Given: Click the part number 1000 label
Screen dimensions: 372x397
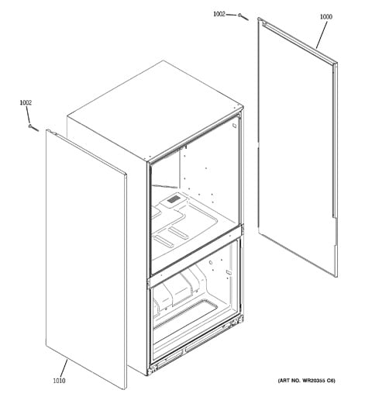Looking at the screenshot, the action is point(326,17).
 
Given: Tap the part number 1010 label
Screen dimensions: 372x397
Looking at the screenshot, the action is point(59,381).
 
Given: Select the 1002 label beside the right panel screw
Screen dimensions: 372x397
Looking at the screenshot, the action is point(219,14).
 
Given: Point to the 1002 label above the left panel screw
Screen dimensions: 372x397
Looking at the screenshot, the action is point(26,102).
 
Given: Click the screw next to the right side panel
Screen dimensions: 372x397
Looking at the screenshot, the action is point(243,17).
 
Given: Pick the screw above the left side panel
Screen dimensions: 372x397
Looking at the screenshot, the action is point(33,128).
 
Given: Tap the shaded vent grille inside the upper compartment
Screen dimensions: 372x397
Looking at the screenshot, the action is point(173,199).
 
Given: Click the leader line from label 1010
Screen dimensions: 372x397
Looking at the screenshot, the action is point(64,368).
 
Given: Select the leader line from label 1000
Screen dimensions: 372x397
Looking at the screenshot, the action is point(322,35).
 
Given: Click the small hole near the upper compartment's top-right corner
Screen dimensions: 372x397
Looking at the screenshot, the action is point(234,126).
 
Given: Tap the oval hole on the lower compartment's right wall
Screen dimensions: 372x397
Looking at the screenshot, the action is point(211,263).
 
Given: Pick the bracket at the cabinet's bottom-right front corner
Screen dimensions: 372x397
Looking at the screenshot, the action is point(238,322).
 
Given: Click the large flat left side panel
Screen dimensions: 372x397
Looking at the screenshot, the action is point(86,259).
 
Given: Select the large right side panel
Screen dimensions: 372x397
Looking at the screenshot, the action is point(298,147).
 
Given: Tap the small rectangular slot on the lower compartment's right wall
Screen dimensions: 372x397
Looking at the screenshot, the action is point(228,272).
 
